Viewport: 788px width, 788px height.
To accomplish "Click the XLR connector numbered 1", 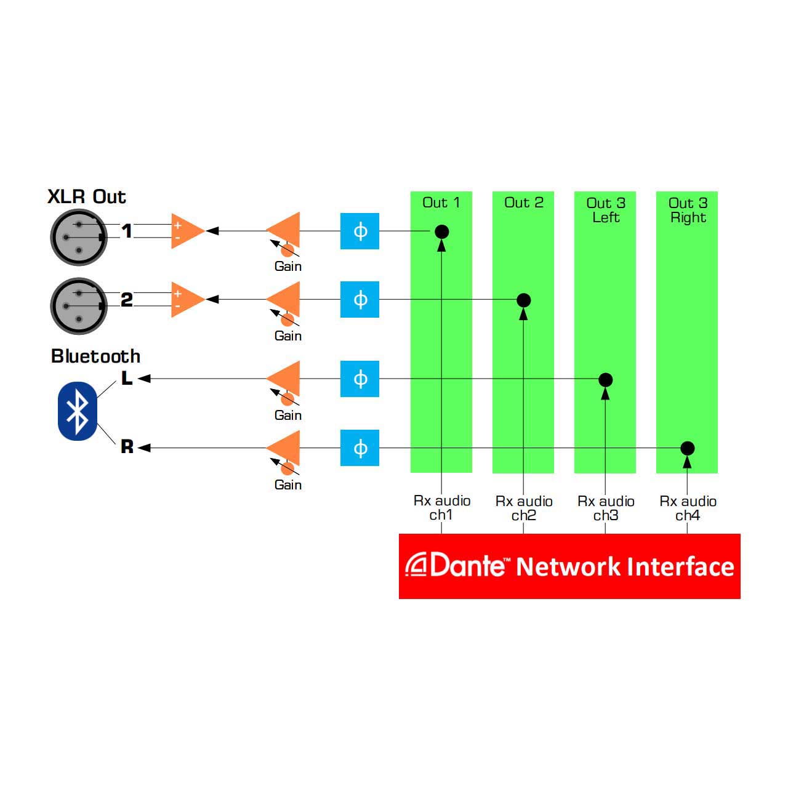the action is pos(79,237).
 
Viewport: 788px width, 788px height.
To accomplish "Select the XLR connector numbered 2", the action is pos(79,306).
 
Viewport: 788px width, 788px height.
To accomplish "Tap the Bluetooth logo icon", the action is pos(78,411).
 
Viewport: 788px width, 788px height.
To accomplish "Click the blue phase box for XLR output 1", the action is pos(360,231).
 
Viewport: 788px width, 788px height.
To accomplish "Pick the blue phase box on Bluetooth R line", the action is pos(360,448).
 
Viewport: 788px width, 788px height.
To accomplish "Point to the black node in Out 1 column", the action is pos(441,232).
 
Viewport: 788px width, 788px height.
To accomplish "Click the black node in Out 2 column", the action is pos(523,300).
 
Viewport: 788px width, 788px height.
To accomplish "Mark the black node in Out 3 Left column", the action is pos(605,380).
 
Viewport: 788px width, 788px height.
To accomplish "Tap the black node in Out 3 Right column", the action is pos(688,448).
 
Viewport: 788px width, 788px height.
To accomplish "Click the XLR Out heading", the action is pos(87,197).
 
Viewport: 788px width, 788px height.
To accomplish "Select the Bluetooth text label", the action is pos(95,356).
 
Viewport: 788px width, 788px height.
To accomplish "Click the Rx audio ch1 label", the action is pos(441,507).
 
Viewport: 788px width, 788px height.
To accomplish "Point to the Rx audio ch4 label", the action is pos(688,508).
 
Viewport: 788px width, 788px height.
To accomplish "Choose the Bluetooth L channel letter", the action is pos(127,378).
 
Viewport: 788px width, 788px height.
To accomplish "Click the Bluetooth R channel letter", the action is pos(127,446).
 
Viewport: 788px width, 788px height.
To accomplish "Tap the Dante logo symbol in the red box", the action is pos(416,565).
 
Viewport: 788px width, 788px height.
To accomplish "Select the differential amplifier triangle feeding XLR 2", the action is pos(187,299).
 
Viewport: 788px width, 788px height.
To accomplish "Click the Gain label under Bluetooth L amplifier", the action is pos(288,415).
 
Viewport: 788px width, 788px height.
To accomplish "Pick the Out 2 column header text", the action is pos(524,203).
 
